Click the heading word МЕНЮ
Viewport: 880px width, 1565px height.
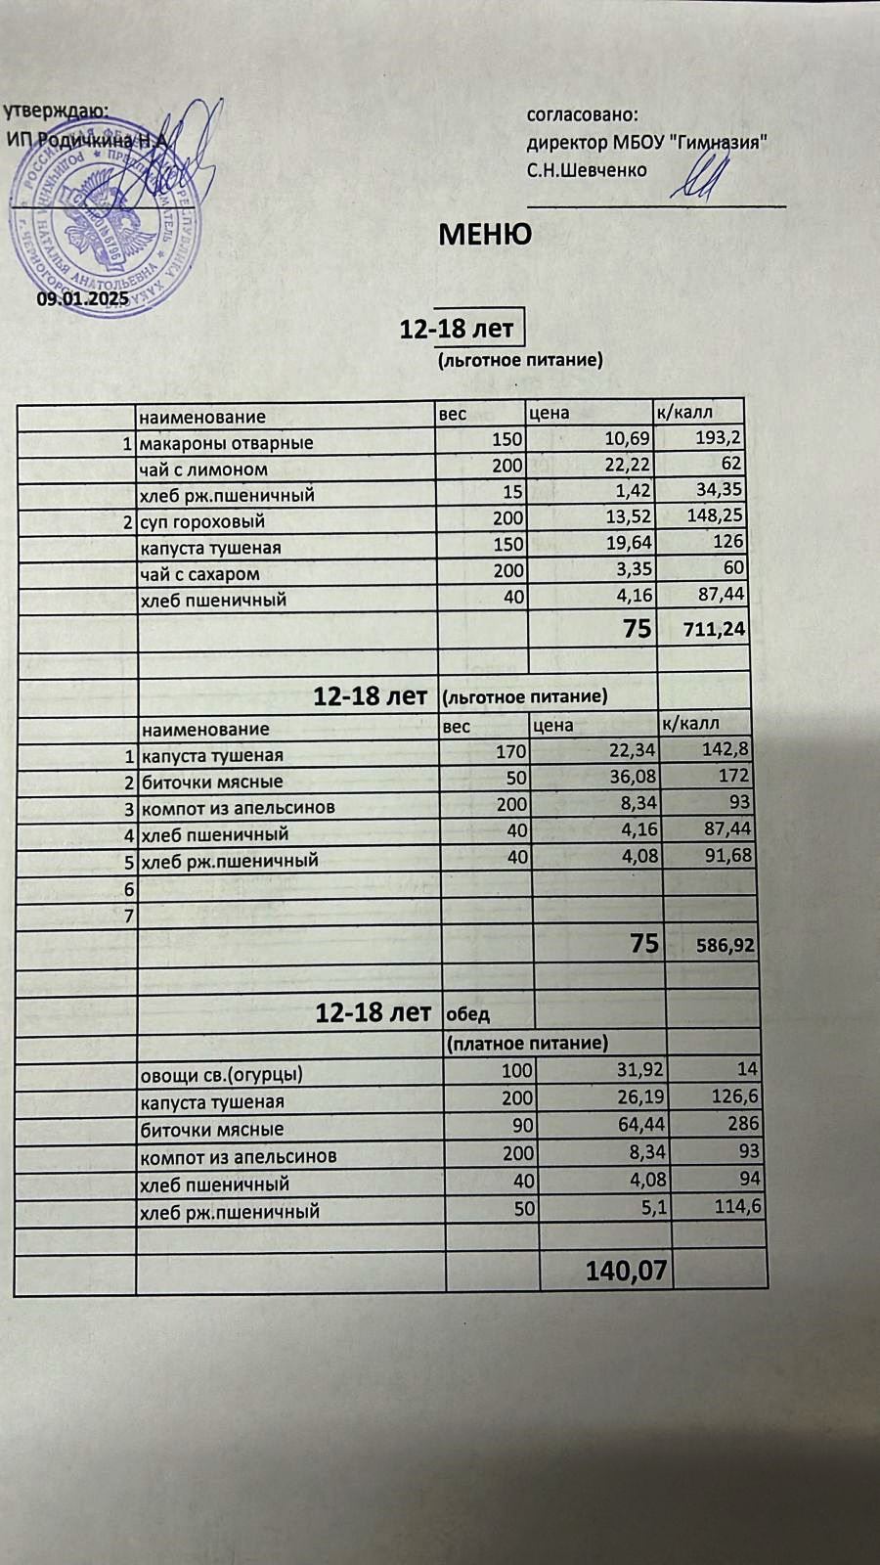tap(485, 235)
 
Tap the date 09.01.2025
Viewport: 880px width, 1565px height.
tap(83, 299)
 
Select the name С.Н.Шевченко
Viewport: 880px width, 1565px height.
tap(587, 170)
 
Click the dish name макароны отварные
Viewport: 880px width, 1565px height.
tap(226, 443)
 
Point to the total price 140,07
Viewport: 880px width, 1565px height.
tap(626, 1272)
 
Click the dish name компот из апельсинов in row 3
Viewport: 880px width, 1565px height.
tap(239, 808)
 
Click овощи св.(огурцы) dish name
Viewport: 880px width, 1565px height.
tap(221, 1074)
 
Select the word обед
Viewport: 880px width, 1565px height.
tap(468, 1014)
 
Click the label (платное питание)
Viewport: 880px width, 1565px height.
tap(527, 1044)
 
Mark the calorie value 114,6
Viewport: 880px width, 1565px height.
tap(736, 1207)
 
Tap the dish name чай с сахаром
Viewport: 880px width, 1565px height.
tap(199, 574)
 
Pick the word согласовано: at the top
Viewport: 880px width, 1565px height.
tap(583, 115)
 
